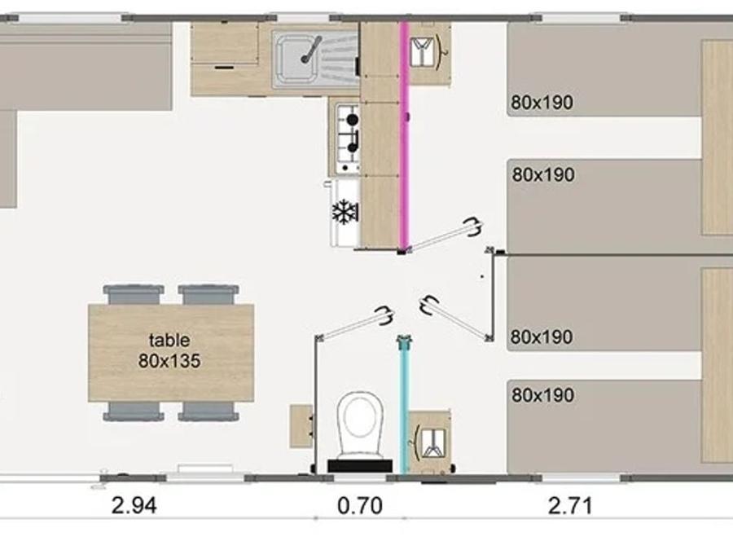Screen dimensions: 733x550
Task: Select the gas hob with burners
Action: (347, 138)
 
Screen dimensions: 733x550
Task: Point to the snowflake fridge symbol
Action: (345, 212)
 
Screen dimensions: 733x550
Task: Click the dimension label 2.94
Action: (134, 505)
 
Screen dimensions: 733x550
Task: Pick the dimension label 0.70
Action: (360, 505)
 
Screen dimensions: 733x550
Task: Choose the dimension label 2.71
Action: (570, 505)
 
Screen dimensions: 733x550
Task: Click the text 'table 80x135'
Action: (169, 350)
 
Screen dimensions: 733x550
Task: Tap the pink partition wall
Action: (404, 135)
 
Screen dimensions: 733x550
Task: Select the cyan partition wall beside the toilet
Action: (404, 406)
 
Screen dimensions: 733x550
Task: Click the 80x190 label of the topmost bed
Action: (542, 103)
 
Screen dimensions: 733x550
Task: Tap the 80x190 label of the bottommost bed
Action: (542, 395)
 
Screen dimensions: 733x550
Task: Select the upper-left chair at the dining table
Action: (134, 295)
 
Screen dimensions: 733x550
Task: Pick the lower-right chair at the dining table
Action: (208, 411)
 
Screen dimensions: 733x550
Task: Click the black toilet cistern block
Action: (360, 466)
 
